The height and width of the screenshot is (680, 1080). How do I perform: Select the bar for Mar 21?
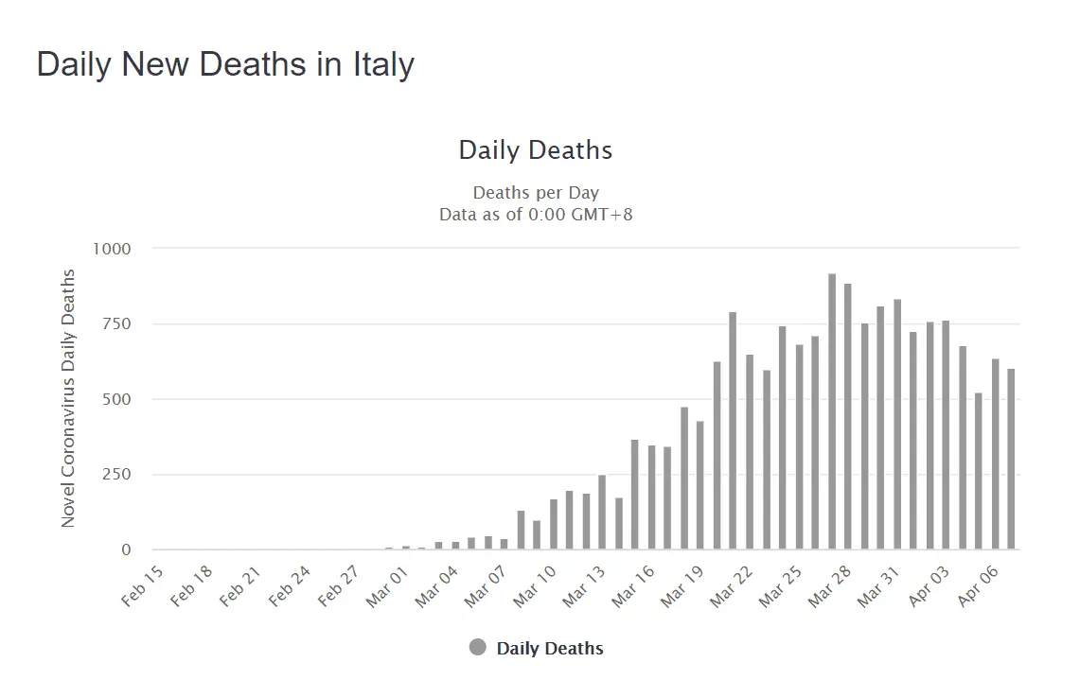733,430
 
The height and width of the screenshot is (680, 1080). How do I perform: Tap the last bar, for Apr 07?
1011,459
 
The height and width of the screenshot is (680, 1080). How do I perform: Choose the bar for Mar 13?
602,512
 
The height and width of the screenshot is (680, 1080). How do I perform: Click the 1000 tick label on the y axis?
112,249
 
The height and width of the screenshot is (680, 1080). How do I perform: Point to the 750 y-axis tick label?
116,323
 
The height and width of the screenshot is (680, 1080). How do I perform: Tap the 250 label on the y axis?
116,475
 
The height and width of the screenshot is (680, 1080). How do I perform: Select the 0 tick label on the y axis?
126,549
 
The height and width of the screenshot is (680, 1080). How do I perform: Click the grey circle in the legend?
478,648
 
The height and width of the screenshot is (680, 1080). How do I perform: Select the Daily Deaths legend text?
550,649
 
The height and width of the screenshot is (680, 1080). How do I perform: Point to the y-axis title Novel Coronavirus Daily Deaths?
68,397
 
